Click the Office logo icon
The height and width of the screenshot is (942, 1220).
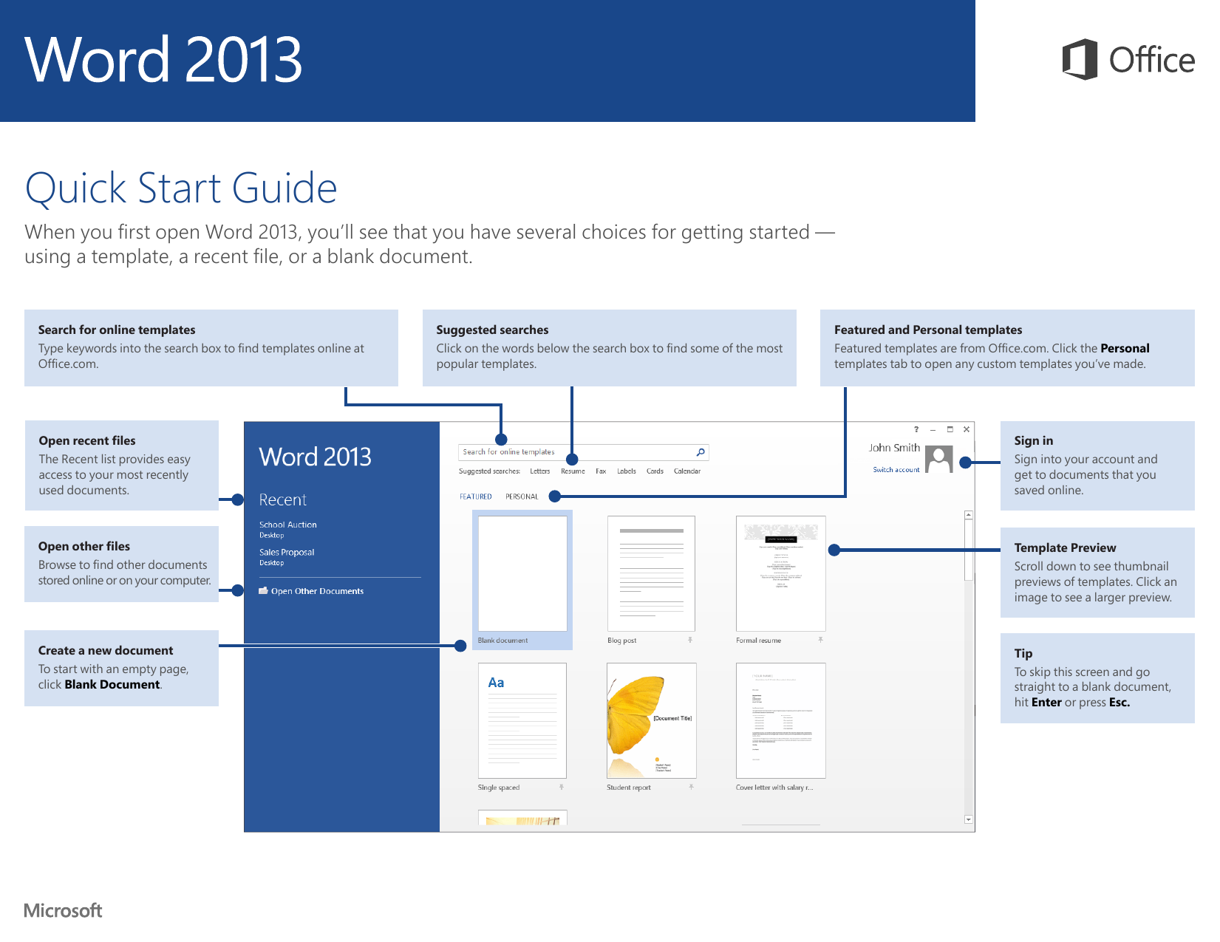(1079, 59)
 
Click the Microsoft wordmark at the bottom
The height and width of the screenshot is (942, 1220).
(63, 910)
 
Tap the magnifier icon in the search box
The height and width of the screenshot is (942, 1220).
(700, 452)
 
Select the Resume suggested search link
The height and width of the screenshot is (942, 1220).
(573, 471)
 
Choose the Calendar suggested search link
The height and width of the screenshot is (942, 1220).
(686, 471)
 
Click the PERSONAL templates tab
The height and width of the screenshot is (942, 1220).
(522, 496)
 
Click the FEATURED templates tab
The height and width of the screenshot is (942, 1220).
(475, 496)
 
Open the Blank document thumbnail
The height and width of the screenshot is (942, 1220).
(522, 573)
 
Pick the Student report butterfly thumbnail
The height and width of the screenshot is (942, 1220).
(651, 720)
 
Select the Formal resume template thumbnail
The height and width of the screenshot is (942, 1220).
(780, 573)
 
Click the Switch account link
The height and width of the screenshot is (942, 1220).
(896, 470)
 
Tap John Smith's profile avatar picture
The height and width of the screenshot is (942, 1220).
(938, 459)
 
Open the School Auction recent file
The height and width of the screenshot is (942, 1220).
(287, 525)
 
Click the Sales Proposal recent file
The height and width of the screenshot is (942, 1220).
(287, 552)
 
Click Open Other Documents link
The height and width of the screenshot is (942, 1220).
(317, 591)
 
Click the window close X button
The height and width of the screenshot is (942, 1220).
(966, 429)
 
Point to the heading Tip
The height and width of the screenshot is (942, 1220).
(1023, 653)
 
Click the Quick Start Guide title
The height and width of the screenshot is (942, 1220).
(181, 188)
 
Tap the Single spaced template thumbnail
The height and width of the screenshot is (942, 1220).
(522, 720)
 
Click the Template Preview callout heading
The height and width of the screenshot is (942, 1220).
(1065, 547)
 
